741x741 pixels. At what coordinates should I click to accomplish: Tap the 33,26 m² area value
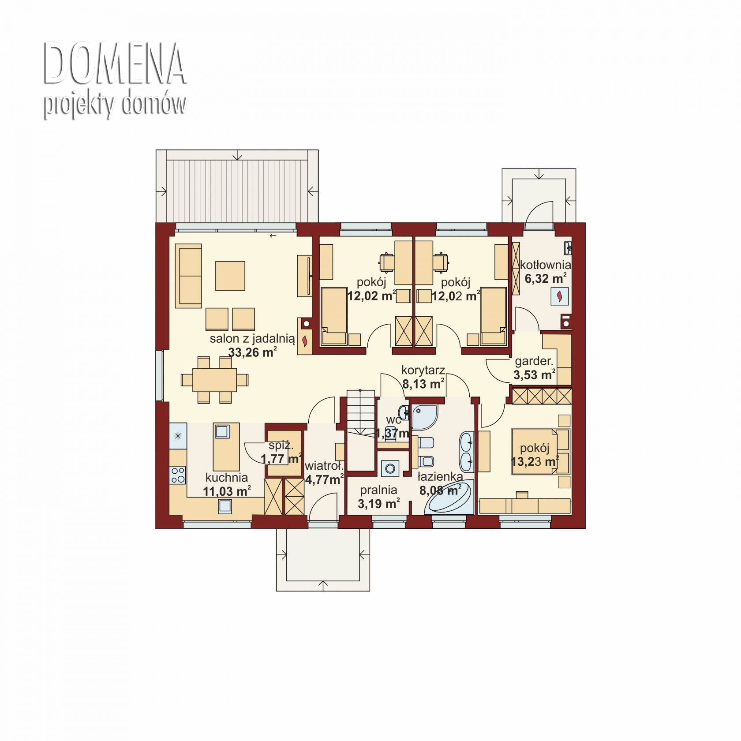click(252, 352)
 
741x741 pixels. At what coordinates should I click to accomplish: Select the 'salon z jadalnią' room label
click(252, 339)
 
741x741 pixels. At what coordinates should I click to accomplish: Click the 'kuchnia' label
click(227, 477)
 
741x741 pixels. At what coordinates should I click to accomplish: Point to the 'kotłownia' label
click(545, 265)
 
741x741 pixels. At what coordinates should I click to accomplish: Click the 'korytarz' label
click(423, 370)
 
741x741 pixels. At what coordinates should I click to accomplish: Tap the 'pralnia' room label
click(378, 490)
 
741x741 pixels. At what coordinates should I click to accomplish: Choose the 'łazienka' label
click(440, 476)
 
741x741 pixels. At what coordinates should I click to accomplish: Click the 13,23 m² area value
click(535, 462)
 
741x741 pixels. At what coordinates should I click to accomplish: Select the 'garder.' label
click(534, 361)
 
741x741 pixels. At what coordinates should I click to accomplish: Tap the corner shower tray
click(423, 416)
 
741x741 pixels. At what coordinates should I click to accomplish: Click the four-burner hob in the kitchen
click(178, 475)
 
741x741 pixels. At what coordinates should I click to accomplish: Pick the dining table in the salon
click(214, 380)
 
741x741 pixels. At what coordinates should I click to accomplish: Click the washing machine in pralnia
click(390, 468)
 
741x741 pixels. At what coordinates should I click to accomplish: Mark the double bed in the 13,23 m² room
click(535, 451)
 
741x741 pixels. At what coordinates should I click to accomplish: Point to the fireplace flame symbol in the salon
click(305, 341)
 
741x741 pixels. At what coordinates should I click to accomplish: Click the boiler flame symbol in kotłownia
click(560, 296)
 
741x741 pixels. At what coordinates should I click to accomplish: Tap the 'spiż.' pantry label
click(281, 445)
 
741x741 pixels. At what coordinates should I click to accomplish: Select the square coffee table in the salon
click(230, 276)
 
